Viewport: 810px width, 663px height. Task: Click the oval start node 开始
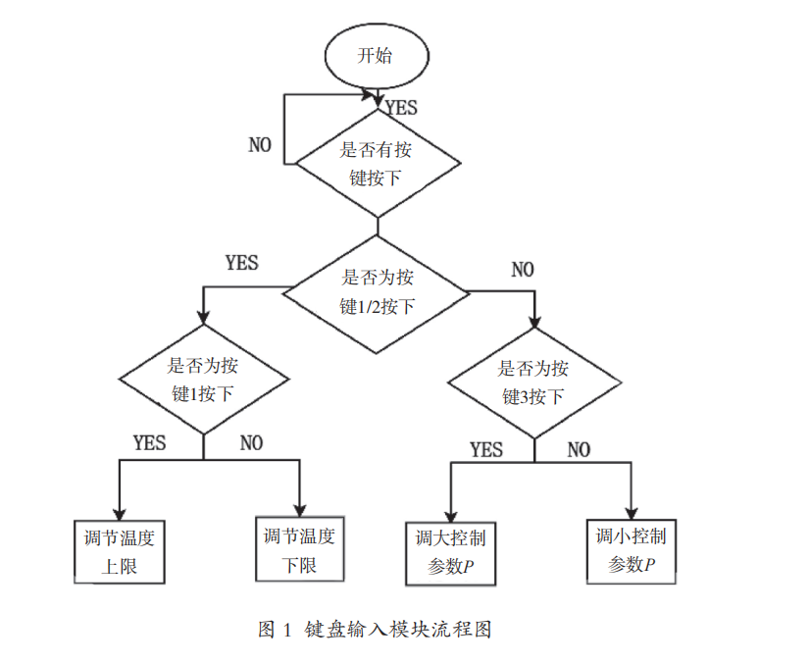(x=376, y=56)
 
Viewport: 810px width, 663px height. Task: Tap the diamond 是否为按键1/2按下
(x=377, y=292)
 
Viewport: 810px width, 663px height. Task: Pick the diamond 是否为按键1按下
(x=203, y=380)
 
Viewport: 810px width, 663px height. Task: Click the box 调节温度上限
(x=120, y=552)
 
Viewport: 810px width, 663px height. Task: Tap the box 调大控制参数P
(x=450, y=553)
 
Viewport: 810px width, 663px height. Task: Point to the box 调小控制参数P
(x=632, y=551)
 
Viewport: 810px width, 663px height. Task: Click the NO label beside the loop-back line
(x=260, y=145)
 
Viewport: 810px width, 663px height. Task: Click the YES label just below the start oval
(x=401, y=108)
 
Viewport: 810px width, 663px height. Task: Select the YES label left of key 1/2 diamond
(x=241, y=263)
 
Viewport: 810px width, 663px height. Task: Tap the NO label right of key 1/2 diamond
(x=523, y=270)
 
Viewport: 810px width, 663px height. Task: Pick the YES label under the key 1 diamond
(x=149, y=443)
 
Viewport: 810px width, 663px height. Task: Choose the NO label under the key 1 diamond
(x=251, y=443)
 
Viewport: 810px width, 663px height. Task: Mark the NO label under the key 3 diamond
(x=579, y=450)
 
